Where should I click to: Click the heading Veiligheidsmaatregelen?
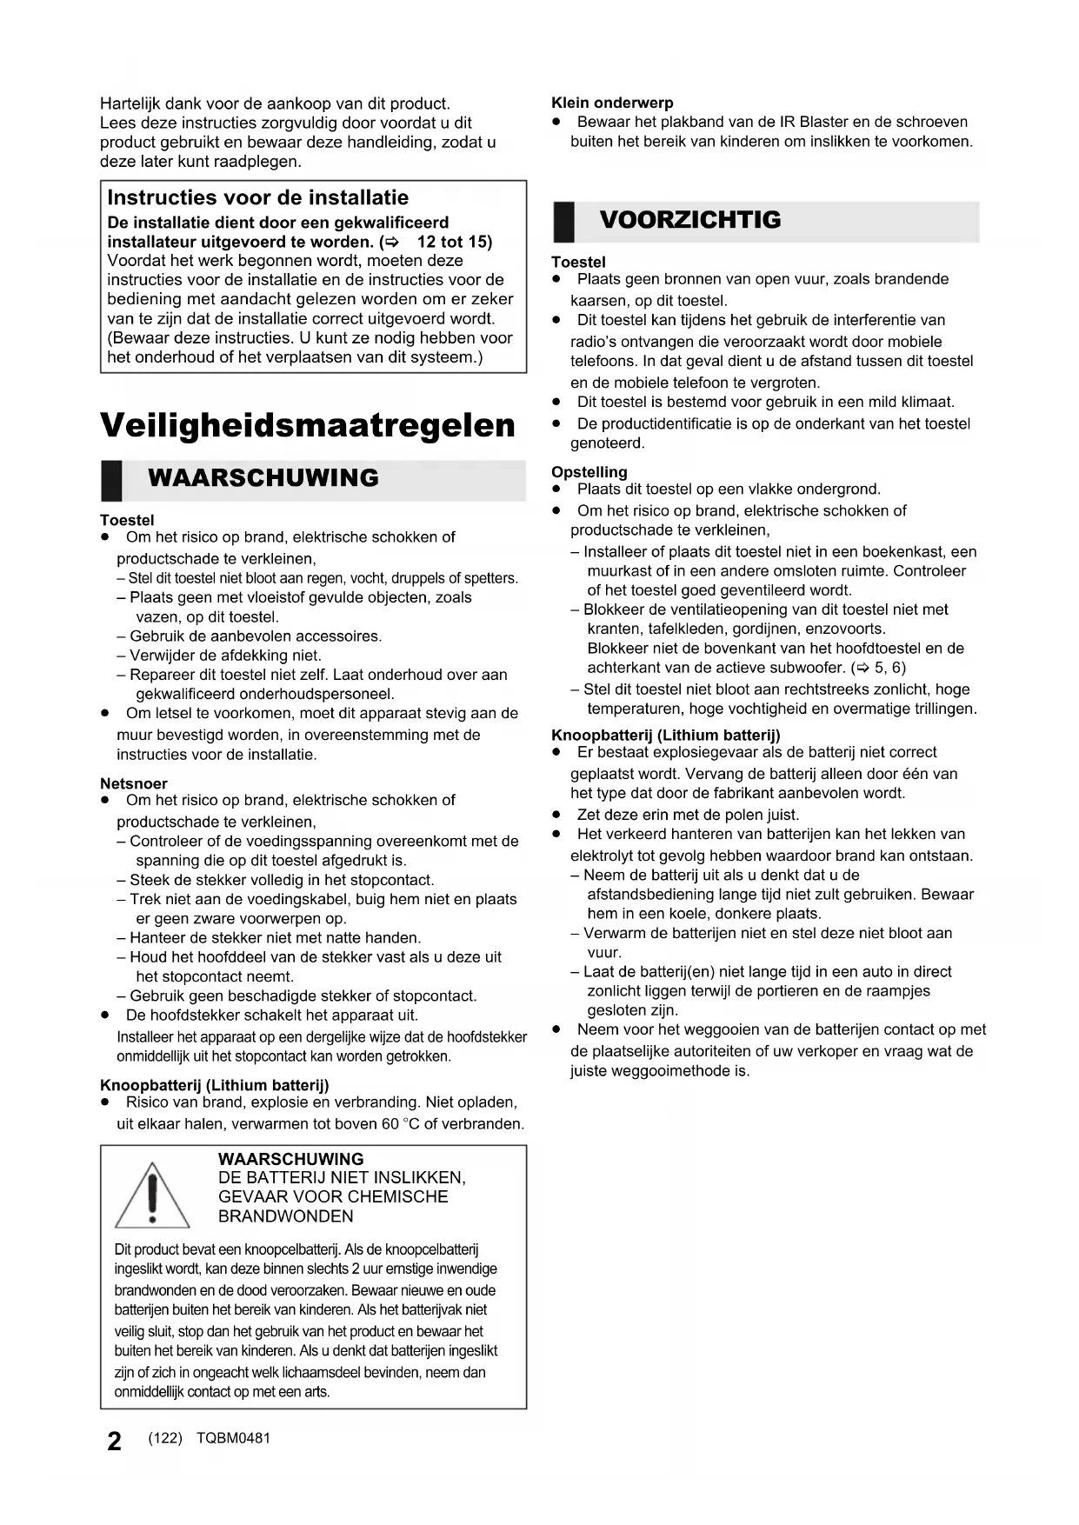pos(308,425)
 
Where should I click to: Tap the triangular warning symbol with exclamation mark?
pos(152,1196)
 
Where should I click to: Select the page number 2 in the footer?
pos(114,1442)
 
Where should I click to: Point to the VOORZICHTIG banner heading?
pos(690,220)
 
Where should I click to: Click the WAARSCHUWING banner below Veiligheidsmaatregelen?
pos(263,478)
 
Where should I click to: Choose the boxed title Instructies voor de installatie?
pos(257,197)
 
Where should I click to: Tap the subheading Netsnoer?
pos(134,783)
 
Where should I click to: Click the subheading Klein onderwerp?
pos(612,103)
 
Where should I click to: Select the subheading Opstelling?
pos(589,472)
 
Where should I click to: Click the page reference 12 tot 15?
pos(454,242)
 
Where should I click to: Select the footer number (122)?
pos(165,1438)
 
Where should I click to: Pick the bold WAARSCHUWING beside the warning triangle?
pos(290,1159)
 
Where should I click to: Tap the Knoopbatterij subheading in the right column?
pos(665,736)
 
